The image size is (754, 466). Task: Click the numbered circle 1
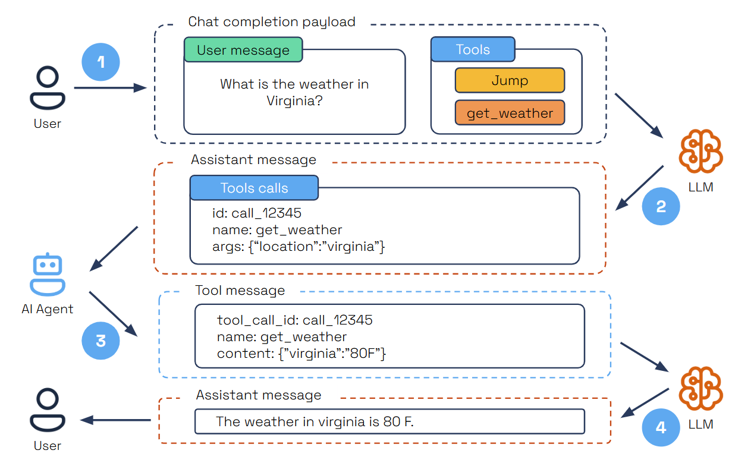pos(100,62)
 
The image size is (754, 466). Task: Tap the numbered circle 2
pos(661,206)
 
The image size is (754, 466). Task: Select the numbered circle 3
pos(100,341)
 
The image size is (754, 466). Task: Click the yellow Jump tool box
pos(510,80)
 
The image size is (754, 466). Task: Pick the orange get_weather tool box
pos(510,113)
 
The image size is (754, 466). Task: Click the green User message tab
pos(243,50)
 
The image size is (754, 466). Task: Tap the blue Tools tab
pos(473,50)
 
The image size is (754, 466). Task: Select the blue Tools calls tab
pos(254,188)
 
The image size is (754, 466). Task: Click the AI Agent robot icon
pos(48,275)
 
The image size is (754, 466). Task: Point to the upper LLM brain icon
pos(700,151)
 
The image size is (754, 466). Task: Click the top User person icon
pos(48,88)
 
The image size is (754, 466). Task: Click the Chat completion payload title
pos(272,22)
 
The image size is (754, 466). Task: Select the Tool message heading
pos(240,291)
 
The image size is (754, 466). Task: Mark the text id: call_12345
pos(257,213)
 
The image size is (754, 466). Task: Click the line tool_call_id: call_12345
pos(295,320)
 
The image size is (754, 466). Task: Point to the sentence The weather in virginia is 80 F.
pos(315,421)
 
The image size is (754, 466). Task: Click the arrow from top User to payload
pos(110,88)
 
